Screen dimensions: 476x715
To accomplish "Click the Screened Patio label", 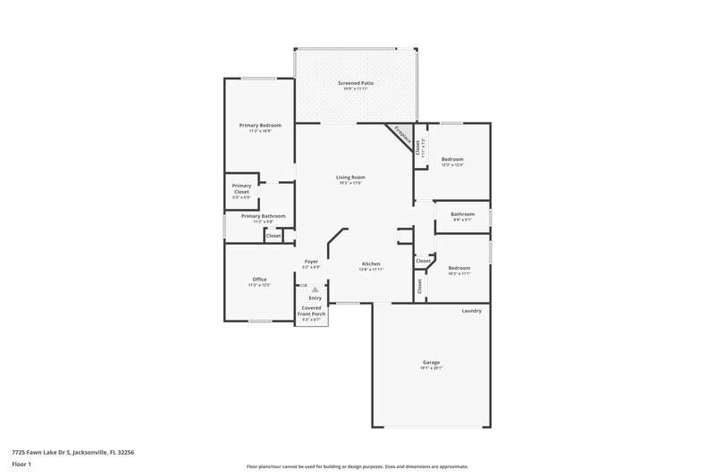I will pos(356,83).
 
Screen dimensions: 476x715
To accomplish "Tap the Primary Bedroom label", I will pos(260,126).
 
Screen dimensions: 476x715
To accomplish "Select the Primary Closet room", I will pos(242,188).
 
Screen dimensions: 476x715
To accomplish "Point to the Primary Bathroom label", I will pos(263,216).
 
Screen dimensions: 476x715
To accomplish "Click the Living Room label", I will pos(350,177).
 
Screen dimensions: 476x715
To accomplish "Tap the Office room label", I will pos(259,280).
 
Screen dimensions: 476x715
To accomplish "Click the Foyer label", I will pos(311,262).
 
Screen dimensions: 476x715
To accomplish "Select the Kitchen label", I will pos(371,263).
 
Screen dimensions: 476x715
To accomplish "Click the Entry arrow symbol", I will pos(315,289).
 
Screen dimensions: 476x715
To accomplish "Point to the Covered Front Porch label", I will pos(312,312).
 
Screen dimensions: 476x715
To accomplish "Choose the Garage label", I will pos(431,362).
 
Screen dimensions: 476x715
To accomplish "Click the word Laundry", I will pos(471,311).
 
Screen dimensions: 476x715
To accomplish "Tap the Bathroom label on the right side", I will pos(462,213).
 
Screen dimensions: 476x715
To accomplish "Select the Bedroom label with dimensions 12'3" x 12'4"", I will pos(452,159).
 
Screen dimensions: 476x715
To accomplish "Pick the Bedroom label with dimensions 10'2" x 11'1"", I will pos(458,268).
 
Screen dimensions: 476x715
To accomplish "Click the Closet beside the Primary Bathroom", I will pos(273,235).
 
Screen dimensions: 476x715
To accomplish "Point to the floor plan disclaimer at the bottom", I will pos(357,466).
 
